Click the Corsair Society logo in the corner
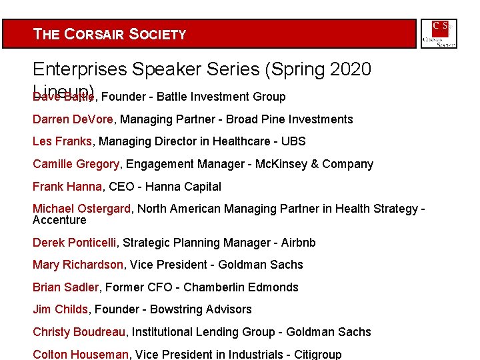pyautogui.click(x=439, y=34)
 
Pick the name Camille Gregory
pyautogui.click(x=76, y=164)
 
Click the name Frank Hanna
pyautogui.click(x=67, y=187)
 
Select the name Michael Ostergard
pyautogui.click(x=81, y=209)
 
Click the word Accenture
pyautogui.click(x=59, y=220)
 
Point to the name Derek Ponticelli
pyautogui.click(x=75, y=243)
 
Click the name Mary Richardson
pyautogui.click(x=77, y=265)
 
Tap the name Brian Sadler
pyautogui.click(x=66, y=287)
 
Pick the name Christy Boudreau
pyautogui.click(x=79, y=332)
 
